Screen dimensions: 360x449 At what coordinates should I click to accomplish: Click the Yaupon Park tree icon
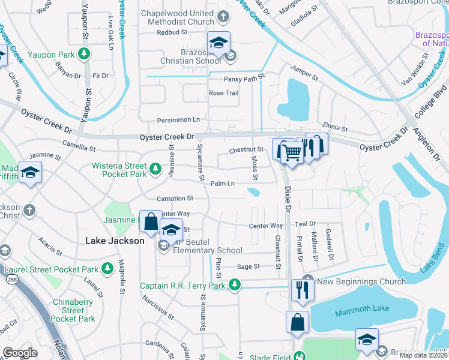click(85, 55)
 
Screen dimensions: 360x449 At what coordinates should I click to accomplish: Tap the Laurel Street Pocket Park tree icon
click(107, 268)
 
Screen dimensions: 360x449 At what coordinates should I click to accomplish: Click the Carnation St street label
click(175, 198)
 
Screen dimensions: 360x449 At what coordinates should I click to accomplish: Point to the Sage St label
click(249, 266)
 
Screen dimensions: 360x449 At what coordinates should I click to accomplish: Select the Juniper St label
click(304, 73)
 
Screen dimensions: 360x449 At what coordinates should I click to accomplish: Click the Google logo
click(20, 353)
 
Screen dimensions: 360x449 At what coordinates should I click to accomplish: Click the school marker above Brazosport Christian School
click(218, 42)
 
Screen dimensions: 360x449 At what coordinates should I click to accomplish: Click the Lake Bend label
click(431, 261)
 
